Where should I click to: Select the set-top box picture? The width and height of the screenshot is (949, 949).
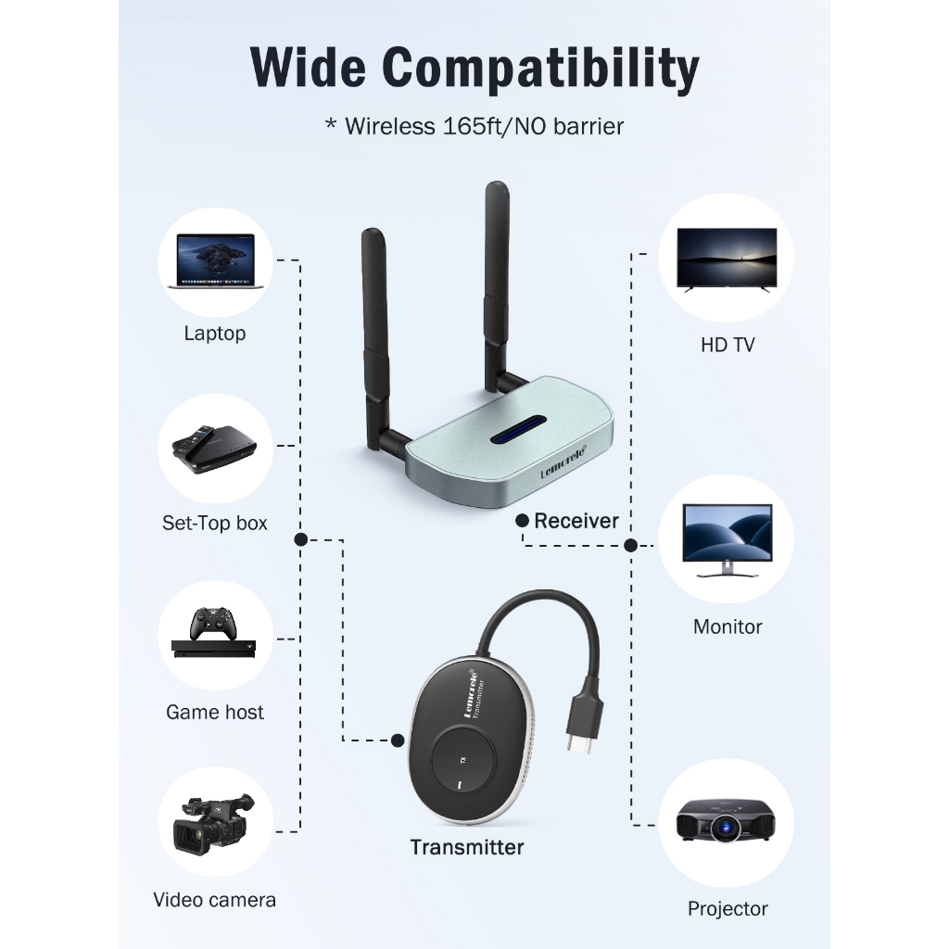pos(215,449)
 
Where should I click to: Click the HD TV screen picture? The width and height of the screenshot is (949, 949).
pos(727,259)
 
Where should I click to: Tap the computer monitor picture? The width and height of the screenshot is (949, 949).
pos(728,539)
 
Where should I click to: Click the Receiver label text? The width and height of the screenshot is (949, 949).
pos(576,521)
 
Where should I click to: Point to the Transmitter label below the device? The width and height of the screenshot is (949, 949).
pos(467,847)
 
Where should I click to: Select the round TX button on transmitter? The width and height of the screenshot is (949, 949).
pos(462,761)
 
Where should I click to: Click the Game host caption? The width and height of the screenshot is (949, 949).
pos(215,712)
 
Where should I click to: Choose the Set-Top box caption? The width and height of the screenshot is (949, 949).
pos(215,523)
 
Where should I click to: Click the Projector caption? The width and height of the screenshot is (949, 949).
pos(728,908)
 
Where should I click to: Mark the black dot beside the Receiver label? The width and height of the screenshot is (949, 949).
pos(524,521)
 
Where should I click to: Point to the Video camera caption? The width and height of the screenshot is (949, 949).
pos(215,899)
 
